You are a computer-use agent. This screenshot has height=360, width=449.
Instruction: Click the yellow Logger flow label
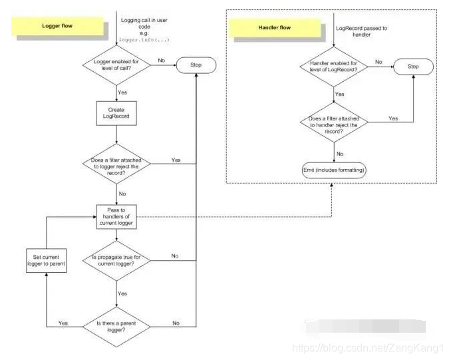point(58,26)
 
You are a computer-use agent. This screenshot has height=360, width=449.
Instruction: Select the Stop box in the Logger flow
point(196,65)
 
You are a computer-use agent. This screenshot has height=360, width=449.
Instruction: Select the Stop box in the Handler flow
point(413,66)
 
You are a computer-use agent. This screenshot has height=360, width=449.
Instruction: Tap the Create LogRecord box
point(116,111)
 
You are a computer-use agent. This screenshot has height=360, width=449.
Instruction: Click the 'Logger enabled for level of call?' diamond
point(116,65)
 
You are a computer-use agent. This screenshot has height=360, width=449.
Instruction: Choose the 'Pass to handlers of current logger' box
point(116,216)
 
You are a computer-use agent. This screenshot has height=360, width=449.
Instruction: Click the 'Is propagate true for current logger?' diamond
point(116,260)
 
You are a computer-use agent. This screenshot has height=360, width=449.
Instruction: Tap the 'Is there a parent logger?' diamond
point(116,325)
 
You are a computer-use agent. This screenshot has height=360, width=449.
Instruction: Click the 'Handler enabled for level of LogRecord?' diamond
point(333,67)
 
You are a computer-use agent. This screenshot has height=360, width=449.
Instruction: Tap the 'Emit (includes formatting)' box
point(334,169)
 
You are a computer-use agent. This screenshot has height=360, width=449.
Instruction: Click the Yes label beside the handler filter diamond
point(393,118)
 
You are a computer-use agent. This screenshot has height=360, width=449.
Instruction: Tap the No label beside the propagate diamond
point(174,256)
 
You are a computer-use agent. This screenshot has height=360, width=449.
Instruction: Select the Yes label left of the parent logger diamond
point(63,323)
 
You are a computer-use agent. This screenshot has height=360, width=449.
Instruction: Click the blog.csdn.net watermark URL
point(369,348)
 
